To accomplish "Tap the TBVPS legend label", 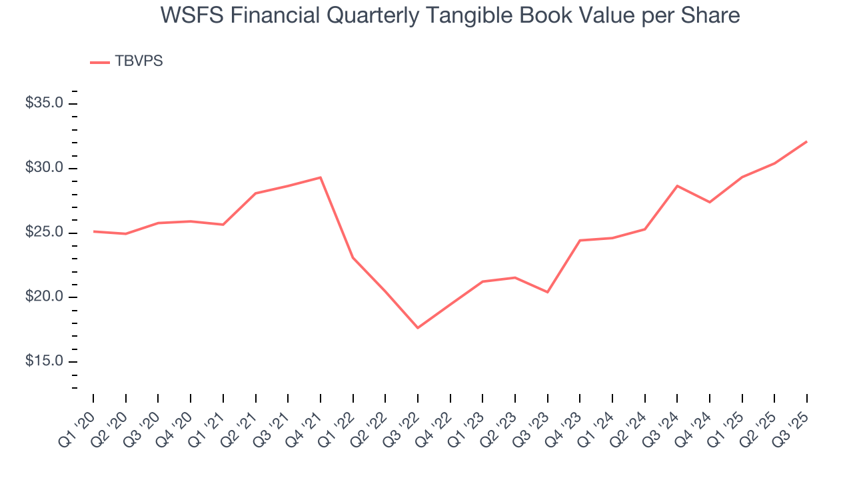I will pos(139,61).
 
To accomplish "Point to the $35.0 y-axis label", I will pos(45,103).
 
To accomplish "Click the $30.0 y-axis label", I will pos(45,168).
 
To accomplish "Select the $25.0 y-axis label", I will pos(45,233).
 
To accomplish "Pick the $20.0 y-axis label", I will pos(45,297).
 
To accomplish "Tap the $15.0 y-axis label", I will pos(45,362).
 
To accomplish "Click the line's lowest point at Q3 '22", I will pos(418,328).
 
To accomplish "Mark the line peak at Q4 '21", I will pos(321,177).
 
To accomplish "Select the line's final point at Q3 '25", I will pos(807,141).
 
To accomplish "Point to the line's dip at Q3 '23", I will pos(548,292).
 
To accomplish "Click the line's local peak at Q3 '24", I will pos(677,186).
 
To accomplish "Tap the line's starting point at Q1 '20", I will pos(93,231).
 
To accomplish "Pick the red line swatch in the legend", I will pos(99,62).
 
